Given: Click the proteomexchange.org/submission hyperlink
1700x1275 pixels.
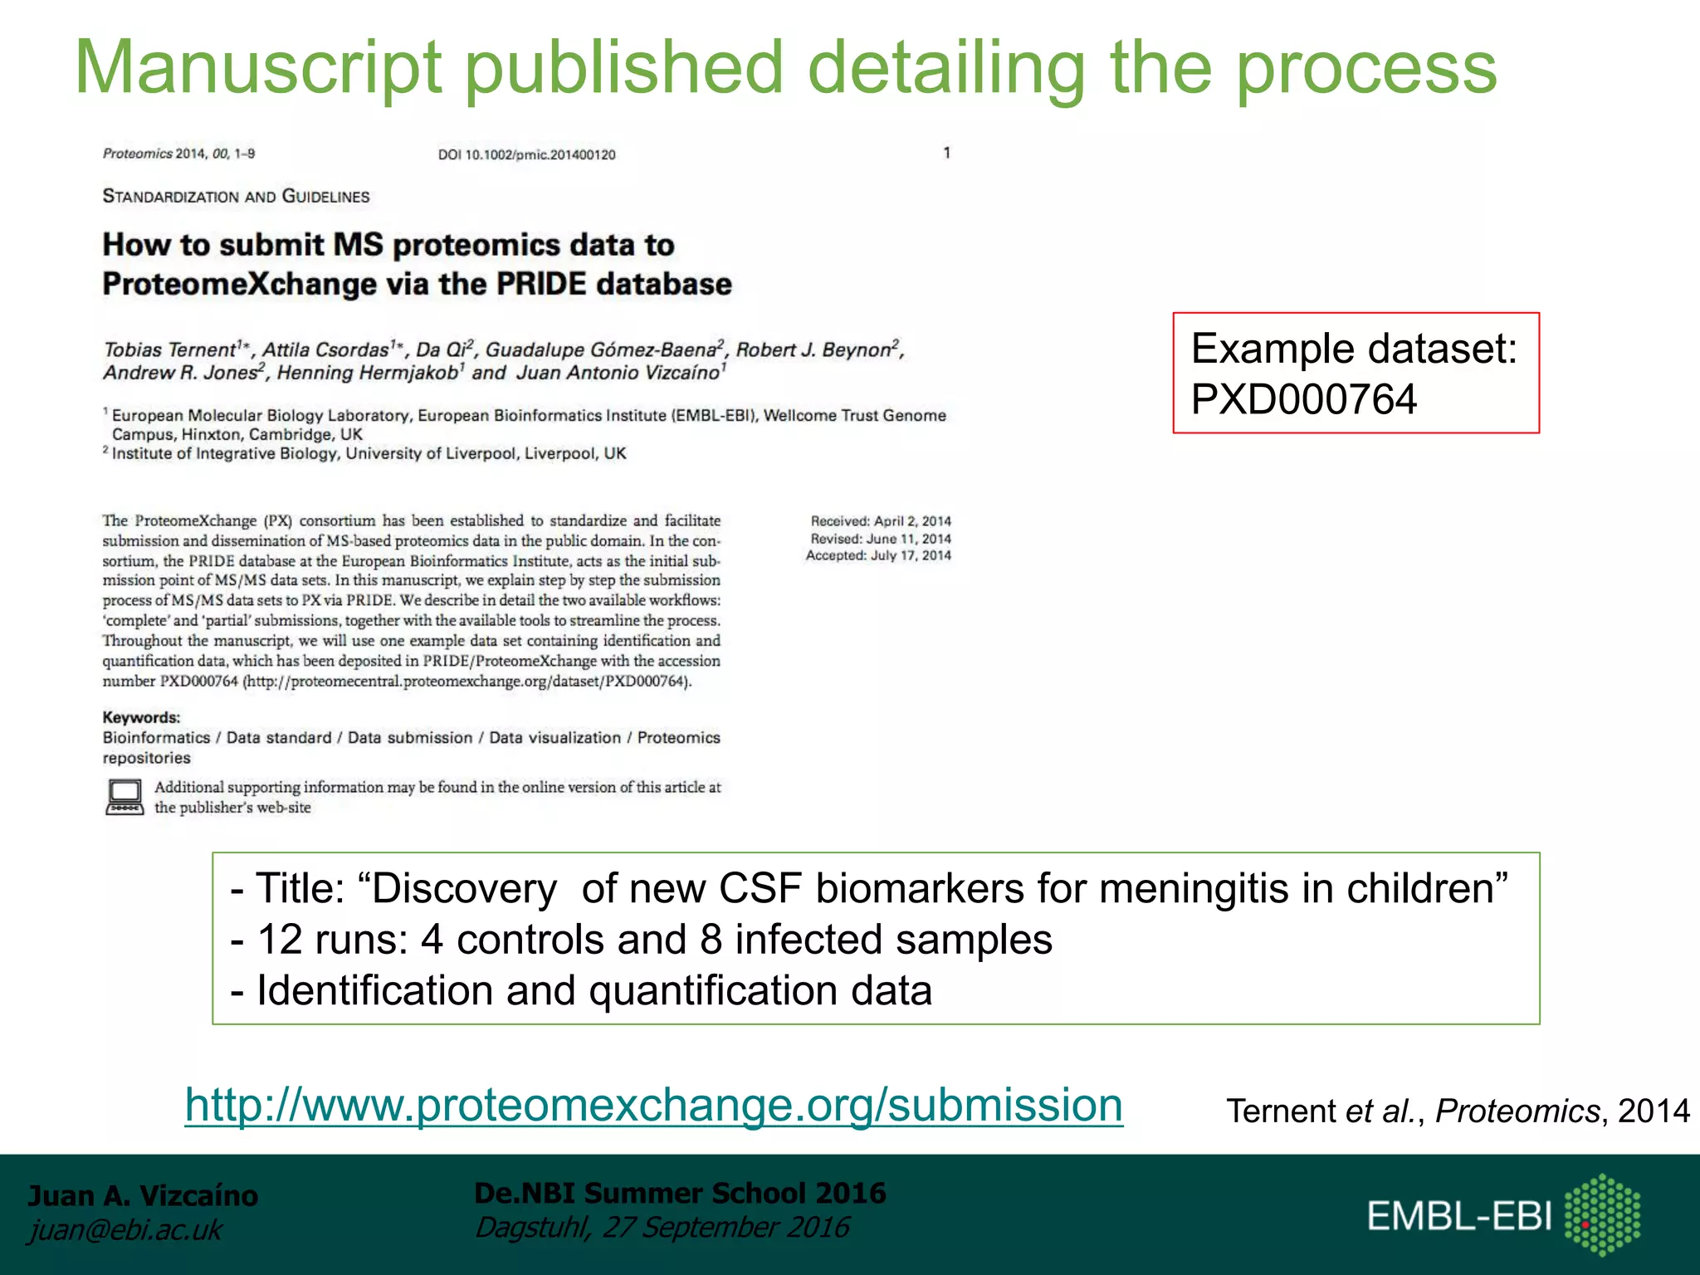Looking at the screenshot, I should [x=653, y=1105].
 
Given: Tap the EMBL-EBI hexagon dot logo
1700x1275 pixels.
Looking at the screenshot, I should [x=1602, y=1214].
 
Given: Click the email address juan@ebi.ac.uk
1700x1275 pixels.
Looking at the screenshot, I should [x=125, y=1229].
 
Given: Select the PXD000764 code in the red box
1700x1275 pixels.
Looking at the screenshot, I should [x=1303, y=399].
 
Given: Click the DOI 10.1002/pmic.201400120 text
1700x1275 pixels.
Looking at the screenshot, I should [x=526, y=154].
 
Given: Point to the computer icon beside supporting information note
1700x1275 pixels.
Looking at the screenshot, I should [x=125, y=797].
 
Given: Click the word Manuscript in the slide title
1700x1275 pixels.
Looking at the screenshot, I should [x=258, y=68].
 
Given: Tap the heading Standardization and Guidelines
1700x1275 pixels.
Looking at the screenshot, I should [x=236, y=197].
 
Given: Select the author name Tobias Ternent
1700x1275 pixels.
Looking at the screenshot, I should [x=170, y=349].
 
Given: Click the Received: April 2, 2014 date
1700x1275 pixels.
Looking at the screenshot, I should [x=881, y=521].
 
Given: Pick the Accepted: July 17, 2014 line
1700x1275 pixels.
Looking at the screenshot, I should [x=878, y=555].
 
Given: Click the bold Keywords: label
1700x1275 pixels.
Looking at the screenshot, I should [x=141, y=717].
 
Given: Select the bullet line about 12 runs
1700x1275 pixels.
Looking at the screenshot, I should [x=641, y=940].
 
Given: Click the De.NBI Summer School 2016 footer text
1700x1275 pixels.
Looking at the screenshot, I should [x=680, y=1193].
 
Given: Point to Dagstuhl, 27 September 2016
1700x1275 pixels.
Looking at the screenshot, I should [x=662, y=1227].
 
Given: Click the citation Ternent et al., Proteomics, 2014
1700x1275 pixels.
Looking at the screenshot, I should [x=1457, y=1111].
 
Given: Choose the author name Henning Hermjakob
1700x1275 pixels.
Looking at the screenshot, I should [x=367, y=373].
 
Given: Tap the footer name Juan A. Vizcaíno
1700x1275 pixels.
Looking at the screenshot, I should [x=143, y=1195].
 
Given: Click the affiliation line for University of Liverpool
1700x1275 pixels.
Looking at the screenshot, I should [x=369, y=453].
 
